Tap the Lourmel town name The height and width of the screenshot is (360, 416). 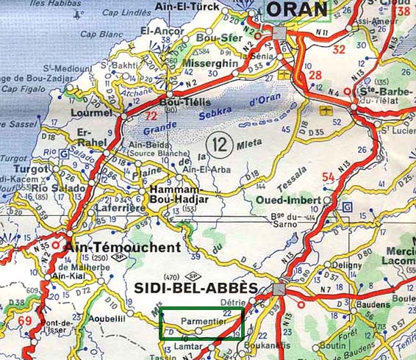point(91,113)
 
